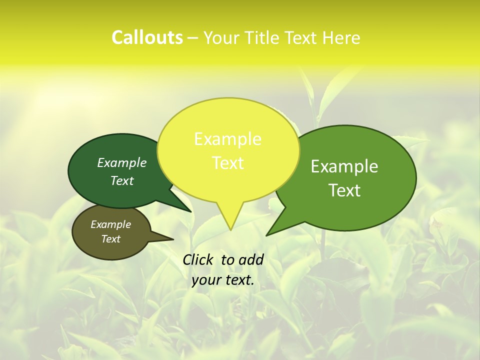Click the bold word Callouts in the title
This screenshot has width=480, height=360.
147,37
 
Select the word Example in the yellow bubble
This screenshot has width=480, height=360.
227,139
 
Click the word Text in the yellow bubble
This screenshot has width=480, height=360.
227,163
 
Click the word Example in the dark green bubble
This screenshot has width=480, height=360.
122,162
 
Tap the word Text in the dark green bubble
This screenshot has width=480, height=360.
122,180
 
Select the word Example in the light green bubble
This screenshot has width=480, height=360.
344,166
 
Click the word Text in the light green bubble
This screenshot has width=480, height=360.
344,190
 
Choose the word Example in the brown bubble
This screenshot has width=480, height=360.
110,224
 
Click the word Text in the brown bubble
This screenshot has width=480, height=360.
110,239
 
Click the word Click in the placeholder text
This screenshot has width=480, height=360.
199,259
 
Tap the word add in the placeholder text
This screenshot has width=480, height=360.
250,259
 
